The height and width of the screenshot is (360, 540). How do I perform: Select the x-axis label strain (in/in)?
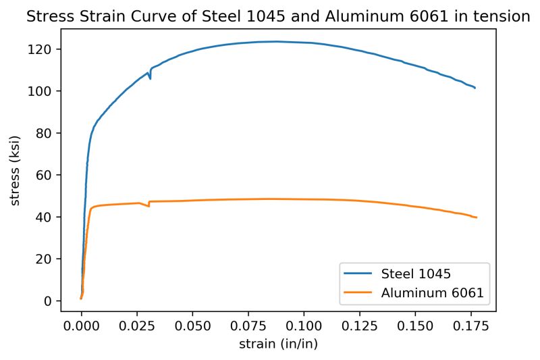point(278,344)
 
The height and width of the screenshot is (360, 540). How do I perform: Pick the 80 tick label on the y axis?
point(47,133)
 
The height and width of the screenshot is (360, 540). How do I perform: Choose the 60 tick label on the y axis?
point(47,175)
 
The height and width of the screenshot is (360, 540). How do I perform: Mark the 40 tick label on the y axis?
point(47,217)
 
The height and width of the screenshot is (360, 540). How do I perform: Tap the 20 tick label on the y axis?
point(47,259)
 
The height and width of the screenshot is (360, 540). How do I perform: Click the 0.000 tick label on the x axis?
point(81,326)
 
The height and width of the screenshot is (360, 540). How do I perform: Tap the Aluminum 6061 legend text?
point(433,293)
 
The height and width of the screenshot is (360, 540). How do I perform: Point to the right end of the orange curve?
point(477,217)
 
